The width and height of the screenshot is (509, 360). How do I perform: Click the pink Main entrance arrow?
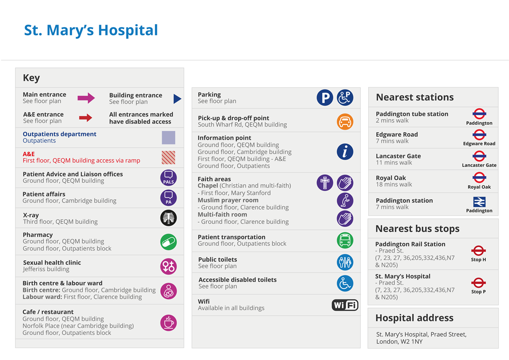pos(86,98)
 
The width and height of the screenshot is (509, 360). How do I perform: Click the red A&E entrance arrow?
pos(86,118)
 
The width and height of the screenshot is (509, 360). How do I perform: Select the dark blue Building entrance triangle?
pos(177,99)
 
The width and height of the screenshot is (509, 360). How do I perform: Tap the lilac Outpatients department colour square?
pos(168,138)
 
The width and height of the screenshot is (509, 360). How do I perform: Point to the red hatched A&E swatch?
pos(168,157)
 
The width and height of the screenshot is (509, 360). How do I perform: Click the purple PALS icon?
pos(168,177)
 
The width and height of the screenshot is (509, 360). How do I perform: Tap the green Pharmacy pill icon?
pos(168,242)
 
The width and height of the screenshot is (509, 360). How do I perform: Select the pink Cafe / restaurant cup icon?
pos(168,323)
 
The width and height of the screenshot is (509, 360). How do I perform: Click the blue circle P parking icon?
pos(325,98)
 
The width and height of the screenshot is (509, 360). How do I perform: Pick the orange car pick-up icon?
pos(345,122)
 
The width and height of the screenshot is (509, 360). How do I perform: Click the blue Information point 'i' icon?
pos(345,152)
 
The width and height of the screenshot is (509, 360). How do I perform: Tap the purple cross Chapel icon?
pos(325,183)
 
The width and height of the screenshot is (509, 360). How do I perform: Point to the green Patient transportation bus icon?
pos(345,240)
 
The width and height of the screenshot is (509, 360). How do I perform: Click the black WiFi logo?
pos(345,305)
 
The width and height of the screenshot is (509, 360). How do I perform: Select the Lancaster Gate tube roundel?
pos(479,156)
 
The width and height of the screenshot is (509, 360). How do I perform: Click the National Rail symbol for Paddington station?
pos(479,202)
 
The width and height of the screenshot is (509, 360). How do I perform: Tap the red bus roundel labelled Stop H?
pos(478,250)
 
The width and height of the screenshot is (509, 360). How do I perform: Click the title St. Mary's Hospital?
pos(91,31)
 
